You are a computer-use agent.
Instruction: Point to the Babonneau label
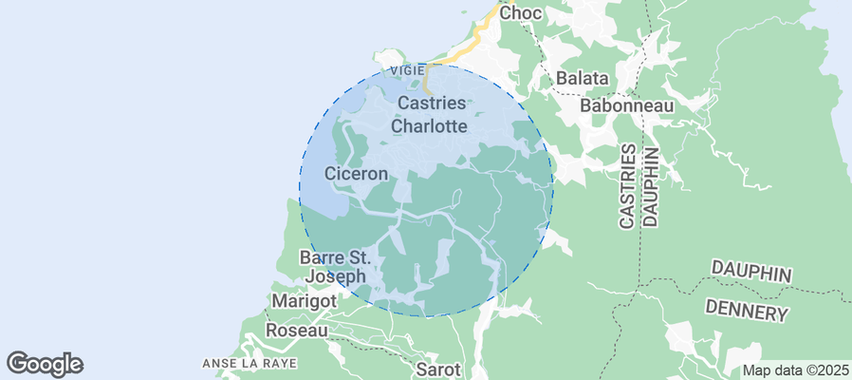tap(626, 105)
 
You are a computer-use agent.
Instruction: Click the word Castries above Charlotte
tap(432, 103)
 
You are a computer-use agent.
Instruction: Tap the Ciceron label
tap(357, 174)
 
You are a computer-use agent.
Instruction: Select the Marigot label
tap(305, 300)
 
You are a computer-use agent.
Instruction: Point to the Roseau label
tap(296, 330)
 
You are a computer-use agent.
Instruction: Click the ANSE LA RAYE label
tap(250, 364)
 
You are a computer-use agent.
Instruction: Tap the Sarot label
tap(438, 369)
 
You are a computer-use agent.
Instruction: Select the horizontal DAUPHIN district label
tap(750, 274)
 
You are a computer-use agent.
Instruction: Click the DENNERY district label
tap(747, 312)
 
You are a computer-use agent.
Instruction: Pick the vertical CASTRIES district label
tap(627, 186)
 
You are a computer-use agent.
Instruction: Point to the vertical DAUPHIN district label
tap(651, 186)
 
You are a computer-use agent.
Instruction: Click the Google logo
tap(45, 363)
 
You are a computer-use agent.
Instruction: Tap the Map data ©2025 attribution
tap(795, 370)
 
